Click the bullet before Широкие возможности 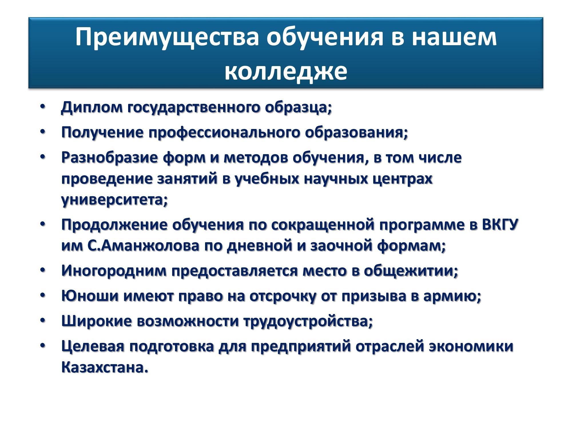(x=43, y=321)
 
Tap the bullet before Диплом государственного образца (x=43, y=106)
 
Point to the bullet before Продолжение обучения (x=43, y=224)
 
